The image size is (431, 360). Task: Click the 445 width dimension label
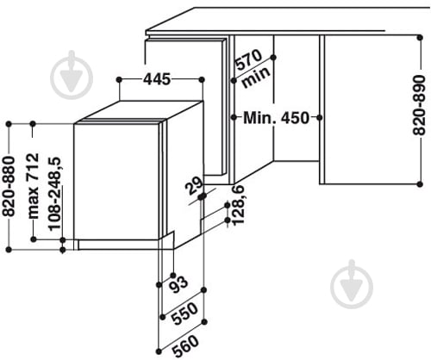pyautogui.click(x=157, y=79)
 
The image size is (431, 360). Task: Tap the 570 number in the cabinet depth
pyautogui.click(x=249, y=60)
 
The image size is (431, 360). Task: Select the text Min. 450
pyautogui.click(x=277, y=118)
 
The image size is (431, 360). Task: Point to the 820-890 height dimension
pyautogui.click(x=419, y=105)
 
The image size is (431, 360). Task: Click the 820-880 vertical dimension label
pyautogui.click(x=9, y=186)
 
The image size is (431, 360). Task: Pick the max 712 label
pyautogui.click(x=34, y=186)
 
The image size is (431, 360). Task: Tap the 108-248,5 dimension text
pyautogui.click(x=55, y=194)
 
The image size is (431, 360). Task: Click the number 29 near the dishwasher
pyautogui.click(x=195, y=187)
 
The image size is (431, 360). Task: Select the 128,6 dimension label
pyautogui.click(x=238, y=205)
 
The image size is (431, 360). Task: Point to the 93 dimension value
pyautogui.click(x=178, y=284)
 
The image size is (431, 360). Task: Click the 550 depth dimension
pyautogui.click(x=184, y=313)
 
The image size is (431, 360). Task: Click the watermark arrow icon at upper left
pyautogui.click(x=72, y=75)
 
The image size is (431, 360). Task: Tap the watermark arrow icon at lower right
pyautogui.click(x=352, y=284)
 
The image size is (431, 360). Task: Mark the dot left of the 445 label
pyautogui.click(x=119, y=79)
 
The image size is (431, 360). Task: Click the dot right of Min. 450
pyautogui.click(x=320, y=117)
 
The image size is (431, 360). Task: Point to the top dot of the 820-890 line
pyautogui.click(x=420, y=37)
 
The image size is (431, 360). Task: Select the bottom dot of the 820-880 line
pyautogui.click(x=9, y=250)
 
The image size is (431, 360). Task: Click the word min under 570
pyautogui.click(x=257, y=77)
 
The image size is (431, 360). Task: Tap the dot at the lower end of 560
pyautogui.click(x=159, y=351)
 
